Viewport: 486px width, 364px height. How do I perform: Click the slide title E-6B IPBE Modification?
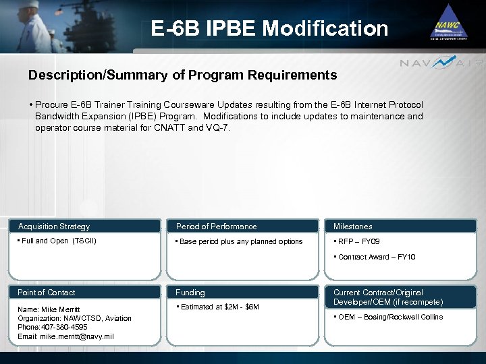(x=269, y=28)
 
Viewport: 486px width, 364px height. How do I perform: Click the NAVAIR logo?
(x=441, y=63)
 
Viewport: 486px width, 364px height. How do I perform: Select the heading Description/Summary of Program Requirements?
(x=182, y=75)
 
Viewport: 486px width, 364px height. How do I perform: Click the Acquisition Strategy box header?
(x=54, y=226)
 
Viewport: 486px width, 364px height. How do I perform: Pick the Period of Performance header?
(x=216, y=226)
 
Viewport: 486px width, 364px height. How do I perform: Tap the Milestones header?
(x=352, y=226)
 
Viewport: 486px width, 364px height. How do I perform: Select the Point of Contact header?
(x=47, y=293)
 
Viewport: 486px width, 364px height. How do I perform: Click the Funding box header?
(x=190, y=293)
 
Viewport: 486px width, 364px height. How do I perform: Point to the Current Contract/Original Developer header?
(x=388, y=297)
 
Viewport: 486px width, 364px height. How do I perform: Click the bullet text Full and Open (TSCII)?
(x=56, y=241)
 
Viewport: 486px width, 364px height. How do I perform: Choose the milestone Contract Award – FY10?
(x=377, y=257)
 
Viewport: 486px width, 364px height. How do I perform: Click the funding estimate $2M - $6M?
(x=219, y=307)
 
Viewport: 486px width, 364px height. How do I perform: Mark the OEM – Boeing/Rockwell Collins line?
(x=390, y=317)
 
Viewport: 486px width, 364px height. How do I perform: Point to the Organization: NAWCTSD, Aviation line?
(x=74, y=318)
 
